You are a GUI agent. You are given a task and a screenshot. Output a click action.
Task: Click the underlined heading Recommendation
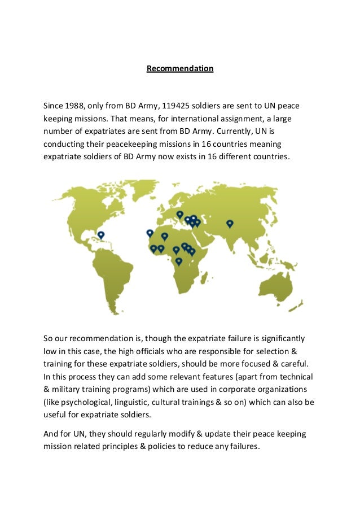point(180,69)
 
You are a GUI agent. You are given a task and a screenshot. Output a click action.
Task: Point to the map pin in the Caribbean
point(101,234)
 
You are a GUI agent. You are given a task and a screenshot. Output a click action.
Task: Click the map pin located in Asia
point(230,224)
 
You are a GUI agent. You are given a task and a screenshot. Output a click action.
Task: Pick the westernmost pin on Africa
point(150,233)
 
